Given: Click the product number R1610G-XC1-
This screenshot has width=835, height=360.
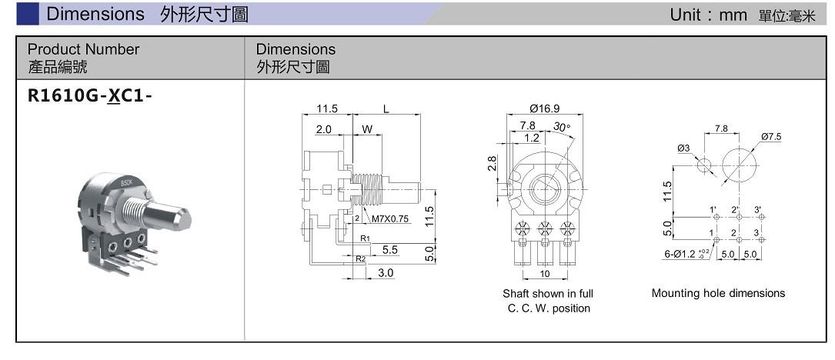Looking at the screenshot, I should click(x=85, y=97).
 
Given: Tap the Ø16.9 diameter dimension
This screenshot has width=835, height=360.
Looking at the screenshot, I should click(x=544, y=108).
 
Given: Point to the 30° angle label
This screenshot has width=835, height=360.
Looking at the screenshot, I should click(x=562, y=126).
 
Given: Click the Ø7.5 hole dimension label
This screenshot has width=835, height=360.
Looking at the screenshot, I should click(x=770, y=136).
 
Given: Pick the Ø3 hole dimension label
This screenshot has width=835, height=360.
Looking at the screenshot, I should click(x=683, y=148).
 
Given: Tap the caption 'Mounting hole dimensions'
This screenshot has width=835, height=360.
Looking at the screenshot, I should click(x=718, y=293).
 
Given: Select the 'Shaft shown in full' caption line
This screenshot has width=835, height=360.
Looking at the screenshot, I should click(x=548, y=294).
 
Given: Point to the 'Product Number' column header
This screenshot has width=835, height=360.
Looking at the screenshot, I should click(x=83, y=49).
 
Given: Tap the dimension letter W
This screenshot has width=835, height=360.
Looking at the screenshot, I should click(x=367, y=129).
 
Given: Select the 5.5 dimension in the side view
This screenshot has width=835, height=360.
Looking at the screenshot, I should click(x=389, y=250).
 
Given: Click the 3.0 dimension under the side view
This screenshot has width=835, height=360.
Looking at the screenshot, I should click(x=386, y=272).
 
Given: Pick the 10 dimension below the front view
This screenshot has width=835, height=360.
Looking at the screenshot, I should click(x=545, y=274).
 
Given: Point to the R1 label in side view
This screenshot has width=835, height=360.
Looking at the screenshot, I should click(x=365, y=238).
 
